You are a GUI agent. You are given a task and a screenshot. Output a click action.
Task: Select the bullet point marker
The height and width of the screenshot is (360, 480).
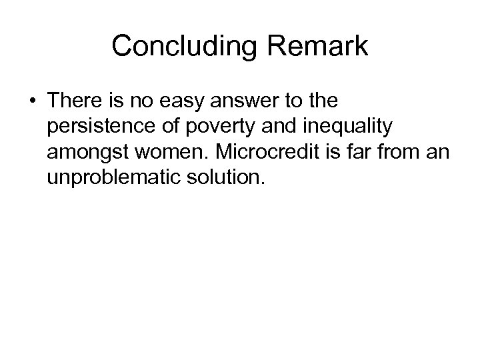point(31,103)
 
